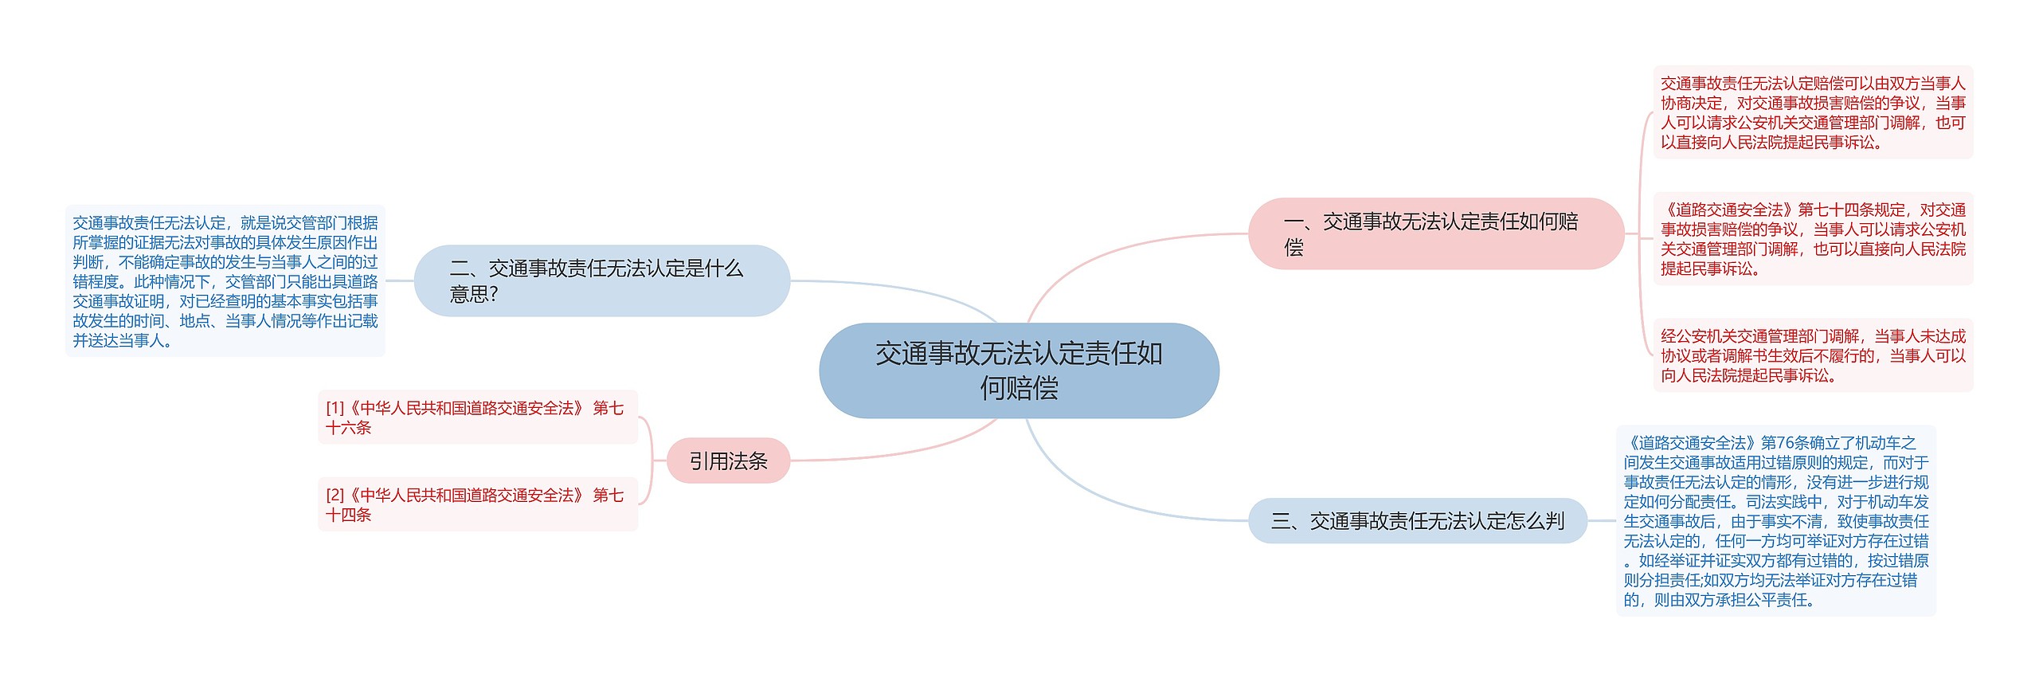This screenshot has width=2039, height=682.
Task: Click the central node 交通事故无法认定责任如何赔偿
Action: click(x=1019, y=370)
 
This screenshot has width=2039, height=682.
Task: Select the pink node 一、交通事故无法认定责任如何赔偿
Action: click(x=1435, y=233)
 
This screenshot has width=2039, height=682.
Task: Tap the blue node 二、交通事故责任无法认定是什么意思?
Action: click(x=601, y=280)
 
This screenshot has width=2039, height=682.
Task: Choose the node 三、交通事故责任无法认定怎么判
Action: click(x=1417, y=521)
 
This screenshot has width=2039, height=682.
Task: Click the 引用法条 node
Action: click(x=728, y=461)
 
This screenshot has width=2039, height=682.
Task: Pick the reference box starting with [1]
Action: click(x=478, y=417)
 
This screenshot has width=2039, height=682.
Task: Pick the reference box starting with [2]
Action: click(x=478, y=504)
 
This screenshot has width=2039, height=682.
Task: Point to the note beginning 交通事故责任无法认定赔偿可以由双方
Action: click(x=1813, y=112)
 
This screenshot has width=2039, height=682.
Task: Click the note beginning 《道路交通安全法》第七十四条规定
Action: click(x=1813, y=239)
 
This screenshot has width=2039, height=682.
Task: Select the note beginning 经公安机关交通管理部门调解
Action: click(x=1813, y=355)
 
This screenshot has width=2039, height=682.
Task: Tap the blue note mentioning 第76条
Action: click(x=1775, y=521)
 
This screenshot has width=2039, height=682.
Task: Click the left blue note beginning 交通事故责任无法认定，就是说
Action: click(x=225, y=281)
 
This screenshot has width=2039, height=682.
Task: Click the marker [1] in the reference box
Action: click(x=335, y=408)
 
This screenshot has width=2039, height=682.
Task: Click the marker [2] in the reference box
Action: click(x=335, y=495)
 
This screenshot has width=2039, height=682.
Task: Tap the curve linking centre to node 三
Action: click(x=1115, y=502)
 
